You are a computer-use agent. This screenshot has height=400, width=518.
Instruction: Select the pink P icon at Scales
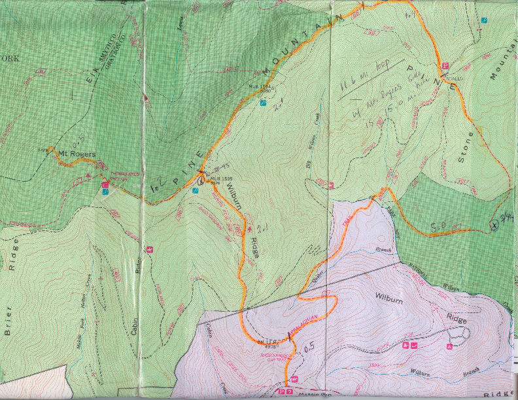(445, 66)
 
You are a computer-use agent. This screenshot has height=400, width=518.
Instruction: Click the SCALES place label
(453, 78)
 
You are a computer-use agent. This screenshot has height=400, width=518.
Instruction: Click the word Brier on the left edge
(9, 324)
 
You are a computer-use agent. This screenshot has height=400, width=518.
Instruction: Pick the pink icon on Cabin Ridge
(151, 249)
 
